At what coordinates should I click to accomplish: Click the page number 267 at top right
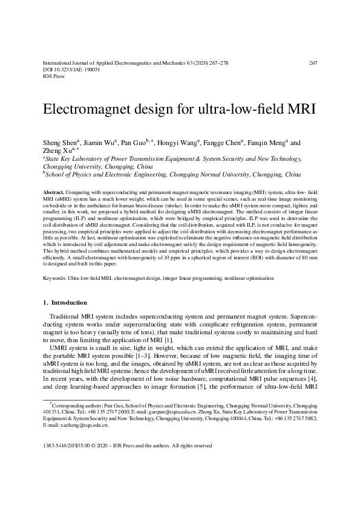pyautogui.click(x=313, y=62)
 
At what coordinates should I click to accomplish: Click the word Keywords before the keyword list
pyautogui.click(x=56, y=278)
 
